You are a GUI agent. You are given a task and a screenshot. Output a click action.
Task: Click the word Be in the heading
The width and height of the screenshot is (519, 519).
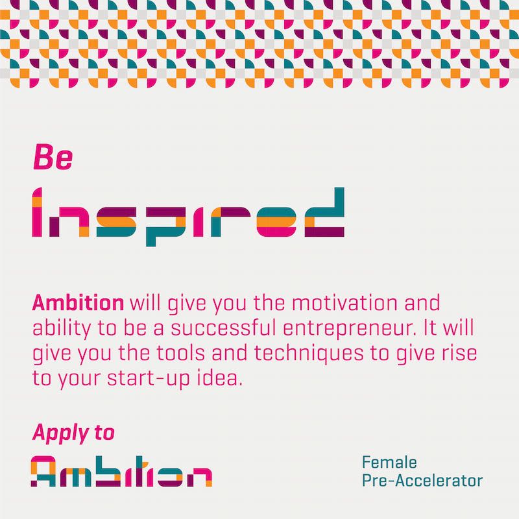point(53,157)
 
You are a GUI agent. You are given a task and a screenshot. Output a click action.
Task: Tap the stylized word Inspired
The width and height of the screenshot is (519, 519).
point(188,217)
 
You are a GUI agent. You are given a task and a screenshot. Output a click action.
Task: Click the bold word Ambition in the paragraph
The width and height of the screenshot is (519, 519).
point(78,302)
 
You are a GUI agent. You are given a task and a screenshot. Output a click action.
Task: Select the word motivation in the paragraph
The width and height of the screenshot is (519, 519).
point(344,302)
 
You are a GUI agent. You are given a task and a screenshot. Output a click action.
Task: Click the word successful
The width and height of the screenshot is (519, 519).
point(223,328)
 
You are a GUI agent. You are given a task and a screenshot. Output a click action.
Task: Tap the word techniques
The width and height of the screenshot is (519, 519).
point(309,353)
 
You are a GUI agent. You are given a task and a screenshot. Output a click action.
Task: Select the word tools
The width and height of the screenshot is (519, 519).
point(180,353)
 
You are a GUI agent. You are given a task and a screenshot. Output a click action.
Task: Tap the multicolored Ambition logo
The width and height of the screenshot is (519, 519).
point(121,472)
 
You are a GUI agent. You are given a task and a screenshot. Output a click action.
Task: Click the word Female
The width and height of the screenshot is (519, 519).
point(389,463)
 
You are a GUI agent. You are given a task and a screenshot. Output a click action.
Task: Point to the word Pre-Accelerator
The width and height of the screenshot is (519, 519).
point(422,481)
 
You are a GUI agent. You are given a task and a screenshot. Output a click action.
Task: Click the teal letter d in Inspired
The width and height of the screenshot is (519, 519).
point(324,212)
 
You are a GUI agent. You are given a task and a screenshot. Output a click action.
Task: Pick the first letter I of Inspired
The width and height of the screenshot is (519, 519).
point(37,212)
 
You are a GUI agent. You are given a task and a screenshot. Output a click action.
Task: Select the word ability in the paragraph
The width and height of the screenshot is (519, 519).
point(62,328)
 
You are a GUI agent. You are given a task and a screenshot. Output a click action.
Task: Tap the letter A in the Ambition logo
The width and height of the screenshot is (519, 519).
point(43,472)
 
